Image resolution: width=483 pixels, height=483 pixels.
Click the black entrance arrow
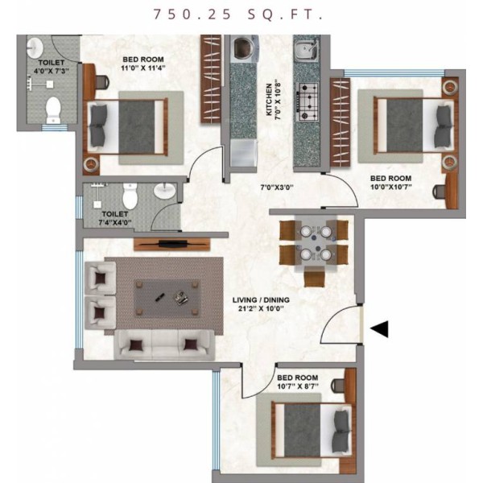(381, 329)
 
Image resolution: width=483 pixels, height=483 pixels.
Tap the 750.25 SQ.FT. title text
(238, 14)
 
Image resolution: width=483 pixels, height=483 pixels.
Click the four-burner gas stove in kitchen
(308, 102)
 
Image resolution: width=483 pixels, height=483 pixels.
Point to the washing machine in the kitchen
(244, 48)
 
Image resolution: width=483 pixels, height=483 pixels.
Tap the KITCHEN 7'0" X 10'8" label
(273, 100)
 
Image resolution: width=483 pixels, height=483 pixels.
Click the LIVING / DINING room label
(261, 304)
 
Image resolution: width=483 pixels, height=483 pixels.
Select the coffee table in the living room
(167, 299)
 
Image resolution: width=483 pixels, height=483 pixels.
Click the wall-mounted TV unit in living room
(172, 244)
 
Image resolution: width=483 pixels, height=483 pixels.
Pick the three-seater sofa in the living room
(164, 345)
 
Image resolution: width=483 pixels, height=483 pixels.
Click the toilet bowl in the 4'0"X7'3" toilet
(53, 110)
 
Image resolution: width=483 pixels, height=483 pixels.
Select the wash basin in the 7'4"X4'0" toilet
(165, 191)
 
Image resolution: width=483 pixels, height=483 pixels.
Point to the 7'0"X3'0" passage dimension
(277, 187)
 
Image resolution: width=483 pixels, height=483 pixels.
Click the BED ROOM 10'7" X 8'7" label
(298, 382)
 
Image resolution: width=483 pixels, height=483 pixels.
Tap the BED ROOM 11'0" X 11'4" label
(143, 64)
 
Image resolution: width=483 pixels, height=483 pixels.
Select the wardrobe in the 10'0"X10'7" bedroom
(340, 122)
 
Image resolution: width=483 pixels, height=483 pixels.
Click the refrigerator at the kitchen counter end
(244, 153)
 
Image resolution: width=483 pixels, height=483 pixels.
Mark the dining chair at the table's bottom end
(314, 277)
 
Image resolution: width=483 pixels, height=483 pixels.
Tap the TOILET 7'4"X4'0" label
(115, 218)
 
